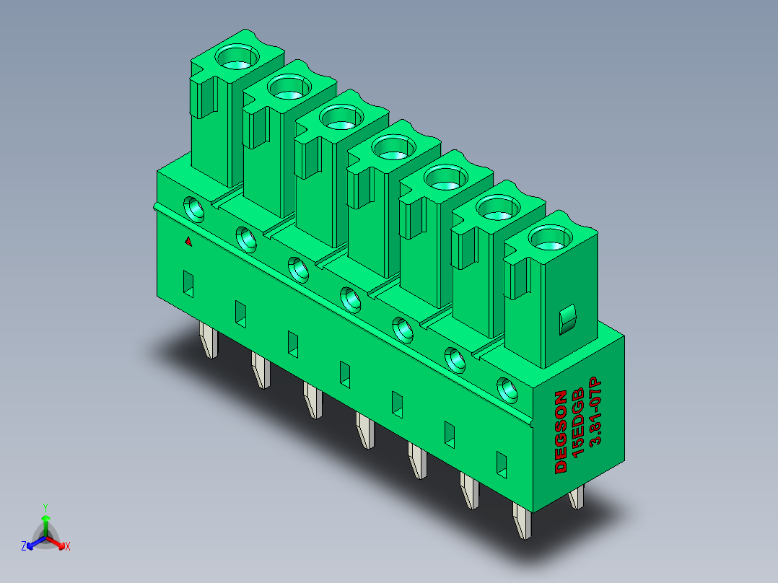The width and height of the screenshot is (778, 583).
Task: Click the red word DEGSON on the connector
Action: (561, 431)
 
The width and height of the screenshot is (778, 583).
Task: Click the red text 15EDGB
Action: (578, 422)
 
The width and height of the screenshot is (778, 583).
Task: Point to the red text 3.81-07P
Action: (595, 412)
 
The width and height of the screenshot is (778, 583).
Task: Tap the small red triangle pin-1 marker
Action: (188, 241)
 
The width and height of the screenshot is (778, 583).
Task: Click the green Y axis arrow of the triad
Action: (45, 525)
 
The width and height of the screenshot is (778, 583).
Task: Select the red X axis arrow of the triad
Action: (56, 542)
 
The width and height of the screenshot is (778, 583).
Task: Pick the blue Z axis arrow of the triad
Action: (36, 543)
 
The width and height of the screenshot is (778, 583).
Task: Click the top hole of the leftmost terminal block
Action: (237, 56)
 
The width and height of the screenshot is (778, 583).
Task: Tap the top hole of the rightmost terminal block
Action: (550, 237)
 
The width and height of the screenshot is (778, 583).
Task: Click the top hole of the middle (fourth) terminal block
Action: (393, 147)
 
